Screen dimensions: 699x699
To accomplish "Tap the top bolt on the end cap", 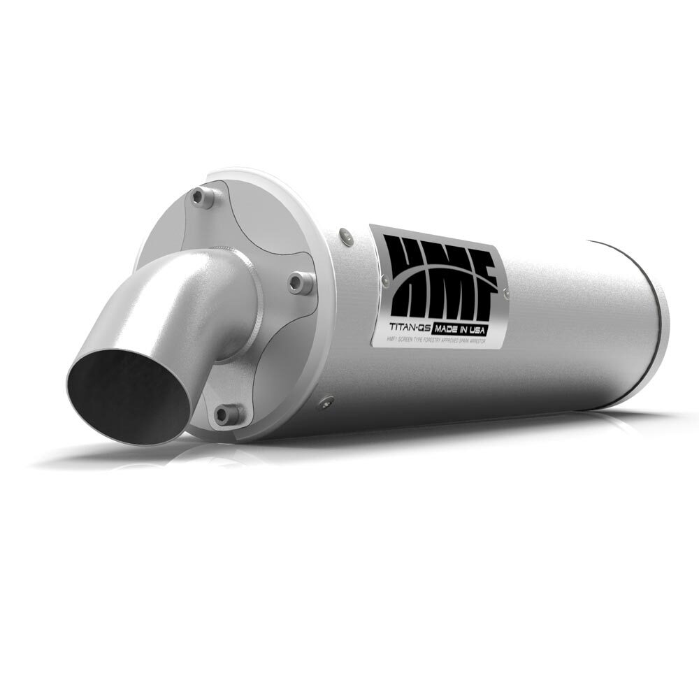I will (x=203, y=198).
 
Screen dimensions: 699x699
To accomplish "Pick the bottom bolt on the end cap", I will (x=224, y=415).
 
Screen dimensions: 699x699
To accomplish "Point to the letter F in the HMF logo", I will (x=482, y=280).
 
